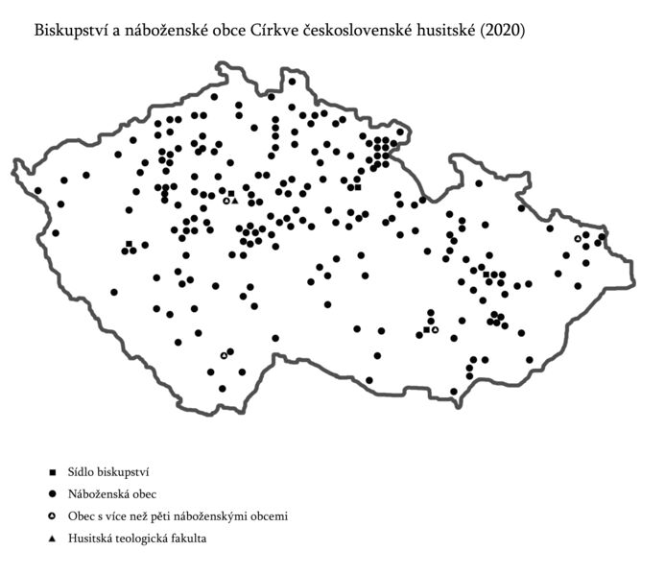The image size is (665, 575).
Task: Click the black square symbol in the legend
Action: tap(55, 472)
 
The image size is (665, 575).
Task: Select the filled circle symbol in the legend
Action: tap(55, 494)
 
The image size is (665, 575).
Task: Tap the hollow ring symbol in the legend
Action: tap(55, 516)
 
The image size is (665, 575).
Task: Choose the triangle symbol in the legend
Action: tap(55, 539)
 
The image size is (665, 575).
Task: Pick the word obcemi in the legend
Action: tap(269, 516)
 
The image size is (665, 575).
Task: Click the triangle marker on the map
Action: tap(234, 201)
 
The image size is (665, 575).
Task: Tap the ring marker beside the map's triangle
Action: tap(226, 201)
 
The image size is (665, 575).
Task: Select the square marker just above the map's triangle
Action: tap(231, 194)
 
